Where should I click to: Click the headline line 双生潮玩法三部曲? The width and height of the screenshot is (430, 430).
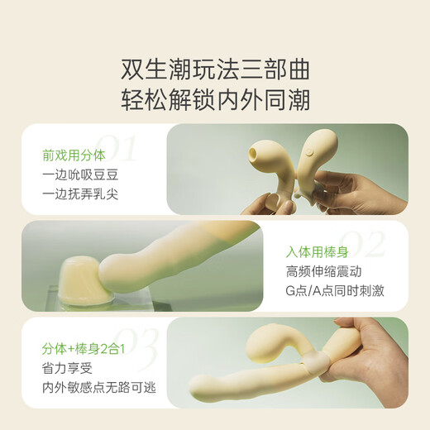pos(215,69)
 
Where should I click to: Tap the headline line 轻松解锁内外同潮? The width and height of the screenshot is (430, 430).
pos(215,99)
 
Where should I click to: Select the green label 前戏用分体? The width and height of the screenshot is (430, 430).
pos(74,155)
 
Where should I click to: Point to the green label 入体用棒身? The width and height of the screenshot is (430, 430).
pos(318,252)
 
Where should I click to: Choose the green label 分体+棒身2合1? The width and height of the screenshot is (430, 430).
pos(84,349)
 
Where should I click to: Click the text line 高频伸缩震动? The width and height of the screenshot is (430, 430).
pos(323,271)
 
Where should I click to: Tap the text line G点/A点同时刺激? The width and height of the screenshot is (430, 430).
pos(335,291)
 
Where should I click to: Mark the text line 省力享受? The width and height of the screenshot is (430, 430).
pos(67,368)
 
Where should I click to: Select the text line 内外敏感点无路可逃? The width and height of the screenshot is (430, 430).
pos(99,388)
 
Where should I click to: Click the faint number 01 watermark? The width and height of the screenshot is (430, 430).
pos(117,148)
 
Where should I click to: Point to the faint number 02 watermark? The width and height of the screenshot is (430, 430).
pos(361,244)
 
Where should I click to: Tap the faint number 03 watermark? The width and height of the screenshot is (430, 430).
pos(136,350)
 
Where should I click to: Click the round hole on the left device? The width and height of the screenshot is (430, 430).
pos(253,152)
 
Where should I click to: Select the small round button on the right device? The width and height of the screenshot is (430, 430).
pos(309,151)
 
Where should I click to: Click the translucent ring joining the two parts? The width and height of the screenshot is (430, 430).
pos(316,362)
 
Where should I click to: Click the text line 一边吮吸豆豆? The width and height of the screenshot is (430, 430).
pos(80,175)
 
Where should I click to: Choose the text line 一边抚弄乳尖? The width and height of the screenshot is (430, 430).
pos(80,194)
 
